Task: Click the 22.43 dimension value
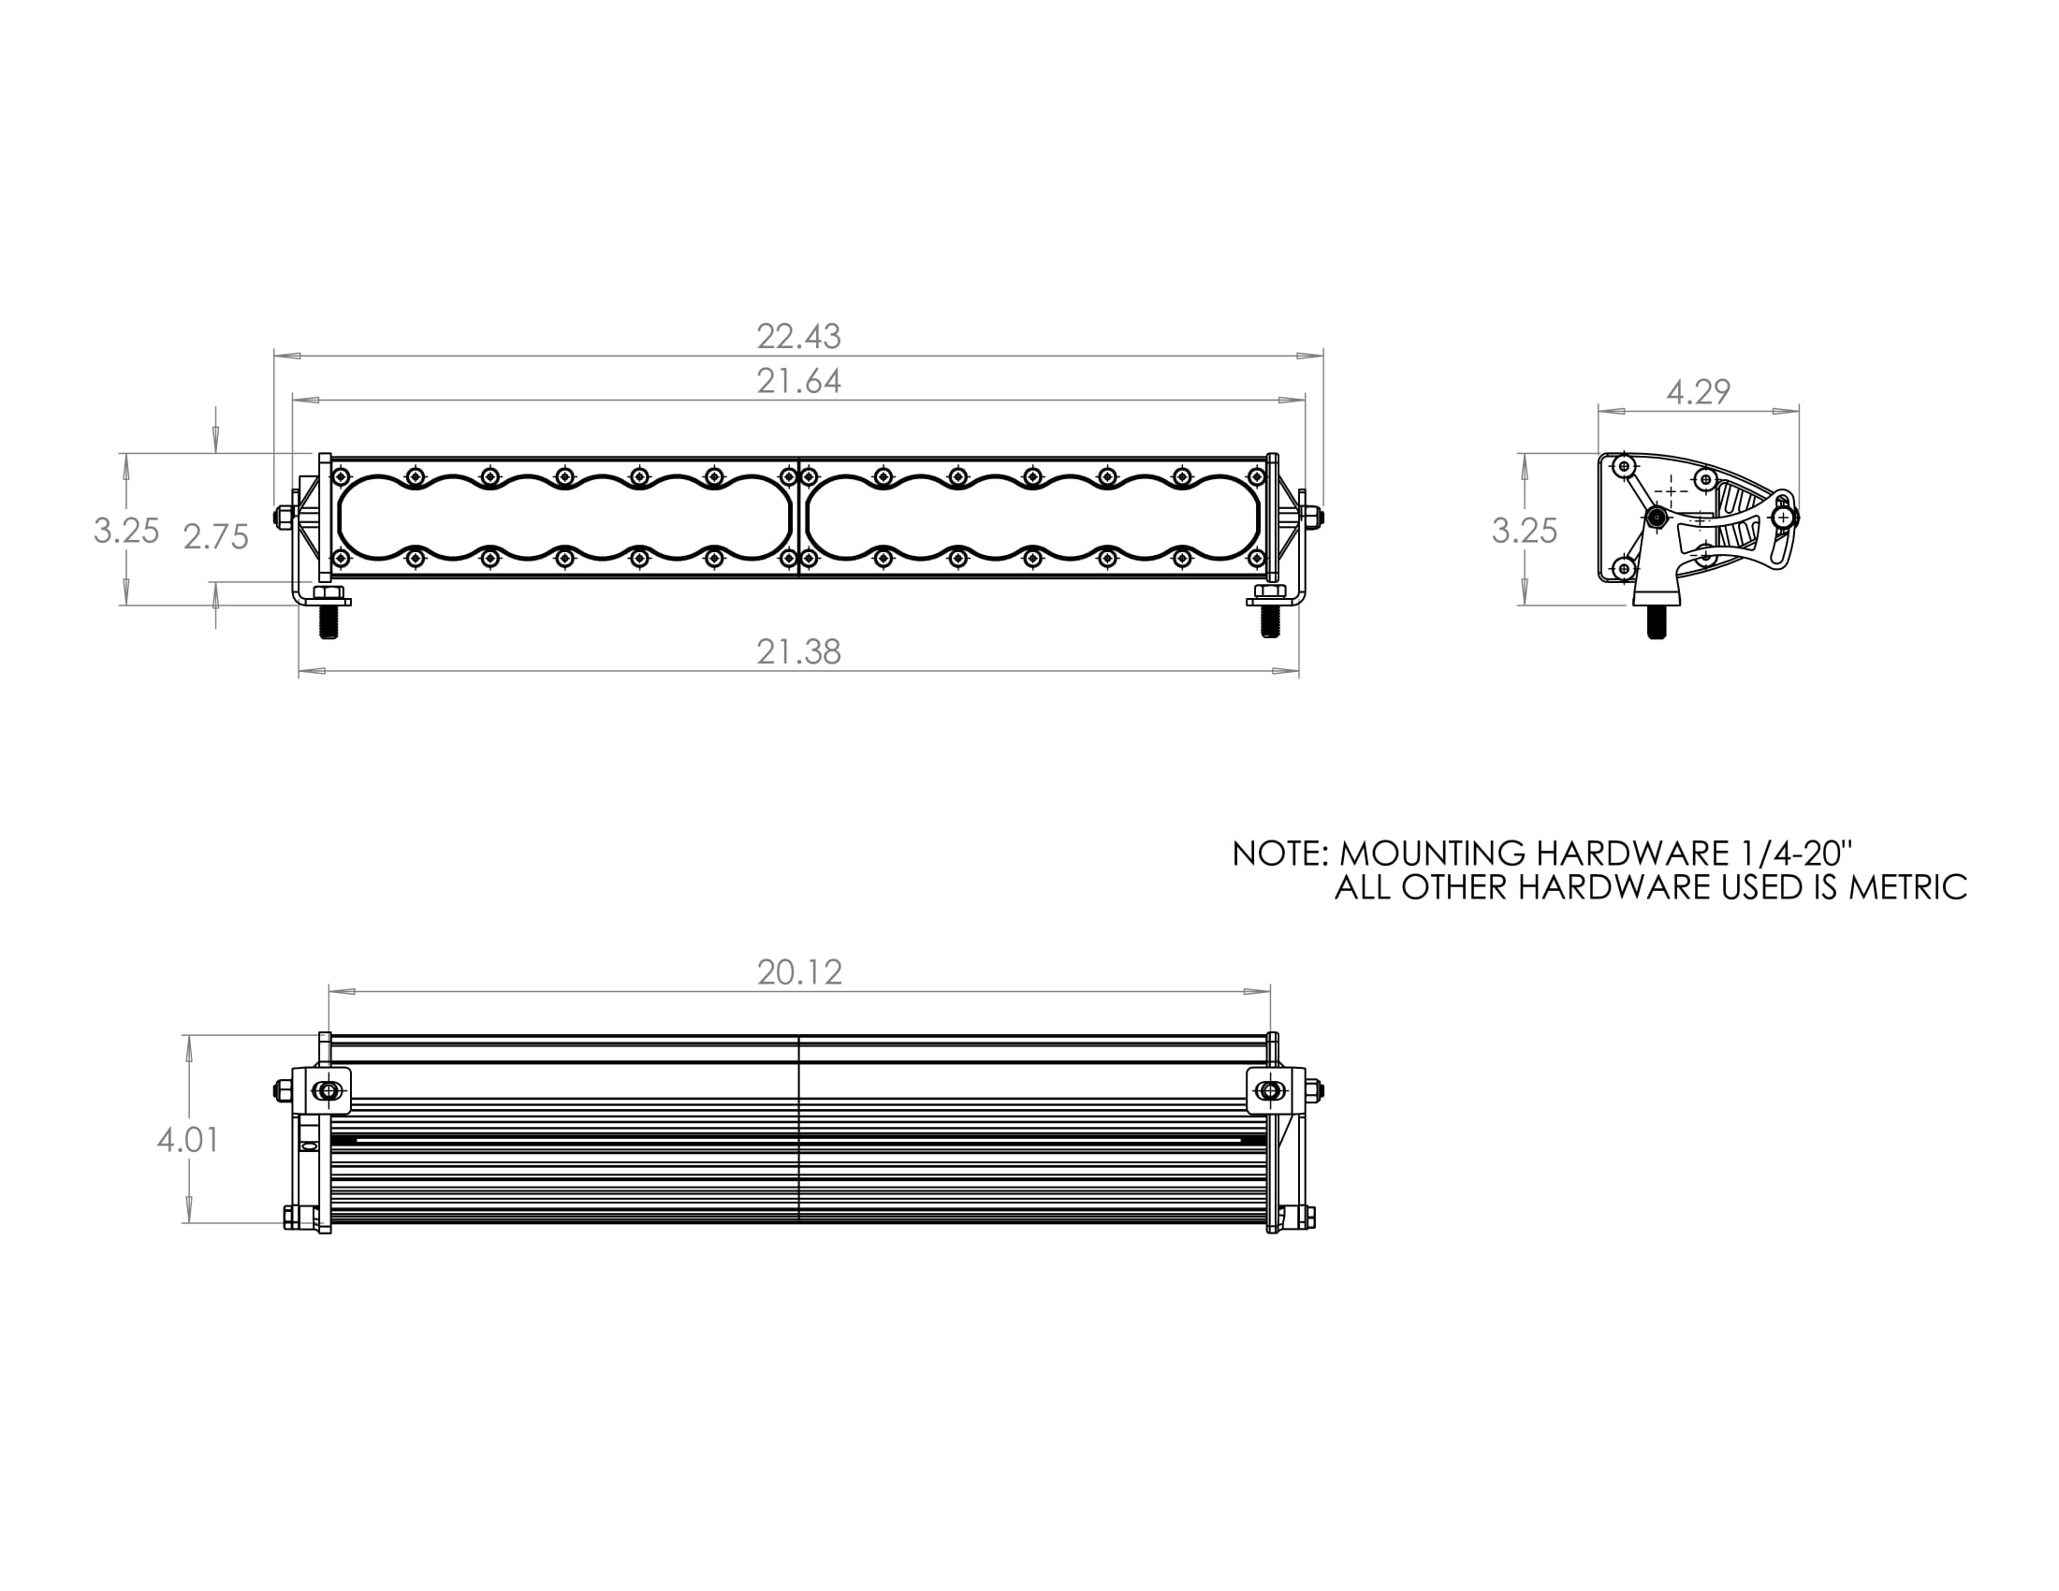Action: tap(798, 337)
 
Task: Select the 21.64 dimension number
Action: tap(798, 382)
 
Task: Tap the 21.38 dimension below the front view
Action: tap(798, 652)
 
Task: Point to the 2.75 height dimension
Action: tap(216, 537)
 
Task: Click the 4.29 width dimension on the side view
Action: tap(1698, 392)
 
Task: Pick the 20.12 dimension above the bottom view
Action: tap(799, 972)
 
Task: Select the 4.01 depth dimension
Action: tap(188, 1141)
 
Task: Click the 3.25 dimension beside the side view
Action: tap(1525, 532)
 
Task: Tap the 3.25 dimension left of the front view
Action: tap(126, 532)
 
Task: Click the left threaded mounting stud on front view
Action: tap(329, 623)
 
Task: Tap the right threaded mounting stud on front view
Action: tap(1270, 623)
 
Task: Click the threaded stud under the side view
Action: tap(1657, 623)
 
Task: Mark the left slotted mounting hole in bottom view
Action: tap(329, 1091)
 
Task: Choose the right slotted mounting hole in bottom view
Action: tap(1270, 1091)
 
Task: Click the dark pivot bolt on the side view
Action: tap(1657, 517)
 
